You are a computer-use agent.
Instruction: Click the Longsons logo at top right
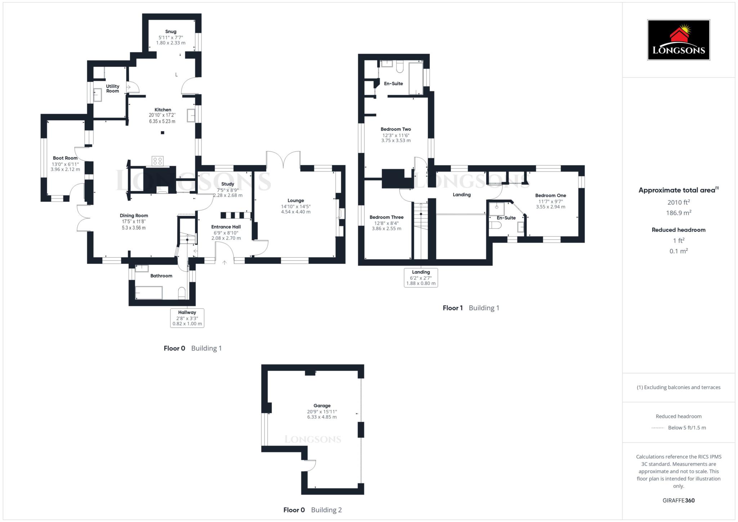point(678,40)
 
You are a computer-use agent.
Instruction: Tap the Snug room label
point(171,32)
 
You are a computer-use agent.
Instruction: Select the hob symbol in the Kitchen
point(157,161)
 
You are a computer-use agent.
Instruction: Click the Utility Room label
point(112,89)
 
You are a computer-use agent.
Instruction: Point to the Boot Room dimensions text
point(65,167)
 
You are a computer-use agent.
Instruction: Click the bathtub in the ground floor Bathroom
point(149,293)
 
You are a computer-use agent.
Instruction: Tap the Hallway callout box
point(187,318)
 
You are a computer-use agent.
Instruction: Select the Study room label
point(228,184)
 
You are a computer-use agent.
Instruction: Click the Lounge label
point(296,201)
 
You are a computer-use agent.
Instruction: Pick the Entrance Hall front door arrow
point(224,263)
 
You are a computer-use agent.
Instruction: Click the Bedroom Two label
point(396,129)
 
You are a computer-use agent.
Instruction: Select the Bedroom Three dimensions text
point(386,226)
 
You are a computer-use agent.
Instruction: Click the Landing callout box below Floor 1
point(421,278)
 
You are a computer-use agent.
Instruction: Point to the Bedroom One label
point(550,196)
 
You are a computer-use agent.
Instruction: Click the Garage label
point(322,406)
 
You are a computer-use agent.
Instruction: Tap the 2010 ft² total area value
point(678,202)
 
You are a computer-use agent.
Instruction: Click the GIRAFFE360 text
point(678,500)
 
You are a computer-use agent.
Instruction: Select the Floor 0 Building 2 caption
point(312,510)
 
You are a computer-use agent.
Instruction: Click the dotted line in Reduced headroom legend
point(658,428)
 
